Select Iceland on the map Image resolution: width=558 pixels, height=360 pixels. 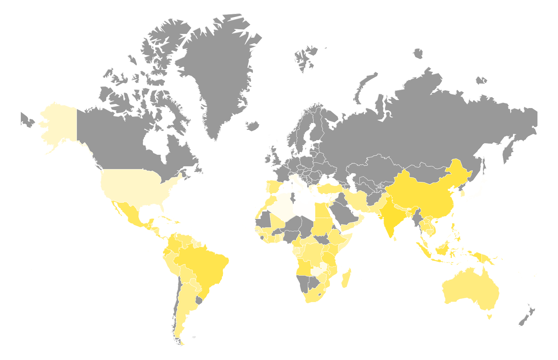click(x=253, y=126)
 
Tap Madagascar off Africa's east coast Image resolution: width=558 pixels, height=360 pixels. click(x=346, y=278)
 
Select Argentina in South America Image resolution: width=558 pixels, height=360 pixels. click(x=185, y=305)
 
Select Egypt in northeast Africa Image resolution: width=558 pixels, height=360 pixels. click(x=322, y=210)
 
